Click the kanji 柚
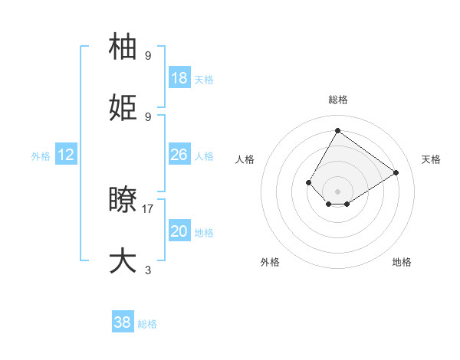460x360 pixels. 124,47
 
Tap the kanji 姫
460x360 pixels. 124,109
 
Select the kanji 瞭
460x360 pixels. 124,201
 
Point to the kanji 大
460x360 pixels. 124,260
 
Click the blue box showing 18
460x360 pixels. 179,77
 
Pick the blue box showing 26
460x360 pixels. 179,155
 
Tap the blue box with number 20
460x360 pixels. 179,231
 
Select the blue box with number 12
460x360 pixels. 66,155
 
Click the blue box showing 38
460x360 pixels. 123,323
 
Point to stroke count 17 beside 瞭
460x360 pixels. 148,208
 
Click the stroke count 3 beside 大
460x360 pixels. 148,270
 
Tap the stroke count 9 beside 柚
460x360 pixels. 148,55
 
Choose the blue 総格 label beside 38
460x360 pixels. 147,324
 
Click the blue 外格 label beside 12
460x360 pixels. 41,155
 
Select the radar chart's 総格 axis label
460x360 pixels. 337,100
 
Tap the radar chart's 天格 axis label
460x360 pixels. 431,159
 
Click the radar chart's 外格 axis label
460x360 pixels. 270,262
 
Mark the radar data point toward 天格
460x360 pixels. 396,172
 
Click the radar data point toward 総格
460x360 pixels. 337,130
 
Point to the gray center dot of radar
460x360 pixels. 337,191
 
